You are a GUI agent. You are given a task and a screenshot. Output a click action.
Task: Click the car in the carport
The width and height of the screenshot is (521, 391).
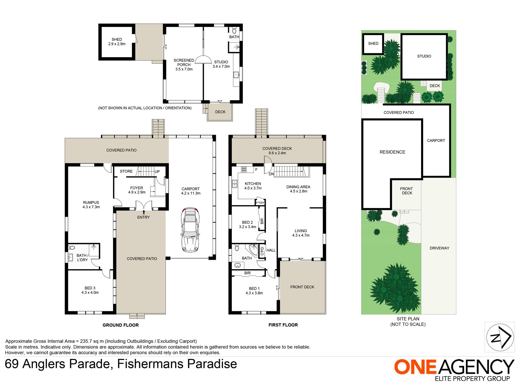(190, 230)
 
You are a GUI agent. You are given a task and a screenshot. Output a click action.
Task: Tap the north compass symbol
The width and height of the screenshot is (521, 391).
(500, 337)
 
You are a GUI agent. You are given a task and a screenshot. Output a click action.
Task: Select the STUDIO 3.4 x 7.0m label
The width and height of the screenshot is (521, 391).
(221, 64)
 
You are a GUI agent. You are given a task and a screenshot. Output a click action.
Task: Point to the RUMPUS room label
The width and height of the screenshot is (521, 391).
(91, 205)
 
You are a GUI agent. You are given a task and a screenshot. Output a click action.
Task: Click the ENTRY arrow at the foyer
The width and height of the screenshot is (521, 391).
(144, 212)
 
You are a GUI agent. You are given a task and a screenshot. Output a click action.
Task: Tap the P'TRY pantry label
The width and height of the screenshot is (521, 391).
(260, 203)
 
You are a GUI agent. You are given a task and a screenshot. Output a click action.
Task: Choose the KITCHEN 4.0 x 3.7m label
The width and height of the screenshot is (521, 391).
(253, 186)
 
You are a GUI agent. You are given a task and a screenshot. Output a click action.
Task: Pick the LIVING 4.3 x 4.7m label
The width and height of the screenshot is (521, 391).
(301, 233)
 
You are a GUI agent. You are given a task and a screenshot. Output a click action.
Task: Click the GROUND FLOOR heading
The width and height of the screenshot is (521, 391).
(121, 325)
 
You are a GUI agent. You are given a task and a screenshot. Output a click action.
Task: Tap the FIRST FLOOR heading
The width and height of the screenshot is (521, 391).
(283, 325)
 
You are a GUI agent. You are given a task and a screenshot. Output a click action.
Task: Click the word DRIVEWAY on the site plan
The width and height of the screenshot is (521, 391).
(439, 248)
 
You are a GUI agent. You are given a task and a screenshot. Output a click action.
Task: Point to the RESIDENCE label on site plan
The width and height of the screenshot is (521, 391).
(392, 152)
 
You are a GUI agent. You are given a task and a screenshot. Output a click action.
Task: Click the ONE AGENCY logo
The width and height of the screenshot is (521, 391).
(454, 370)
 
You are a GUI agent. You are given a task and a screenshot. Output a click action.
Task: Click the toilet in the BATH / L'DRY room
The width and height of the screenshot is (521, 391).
(72, 248)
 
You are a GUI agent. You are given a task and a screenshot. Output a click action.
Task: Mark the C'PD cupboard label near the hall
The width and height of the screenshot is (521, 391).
(262, 251)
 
